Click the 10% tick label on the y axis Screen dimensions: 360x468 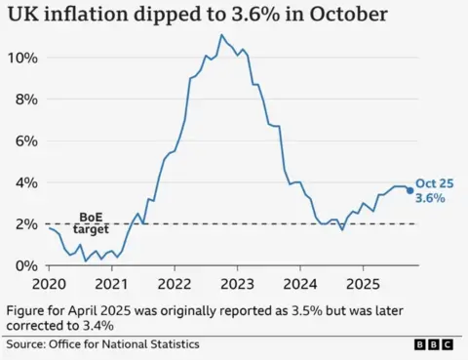coord(21,58)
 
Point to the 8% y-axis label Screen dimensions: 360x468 coord(25,100)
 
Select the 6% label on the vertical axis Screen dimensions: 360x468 coord(25,140)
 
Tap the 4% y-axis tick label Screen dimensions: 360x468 coord(25,182)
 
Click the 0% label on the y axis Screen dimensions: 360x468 coord(25,265)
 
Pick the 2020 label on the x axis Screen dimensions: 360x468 coord(48,284)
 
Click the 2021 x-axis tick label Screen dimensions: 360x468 coord(111,284)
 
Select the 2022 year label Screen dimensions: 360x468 coord(175,284)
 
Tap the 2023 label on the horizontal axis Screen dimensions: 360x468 coord(237,284)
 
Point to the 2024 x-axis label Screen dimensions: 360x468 coord(300,284)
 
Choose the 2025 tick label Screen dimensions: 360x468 coord(363,284)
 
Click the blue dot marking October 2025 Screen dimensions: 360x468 coord(409,190)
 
